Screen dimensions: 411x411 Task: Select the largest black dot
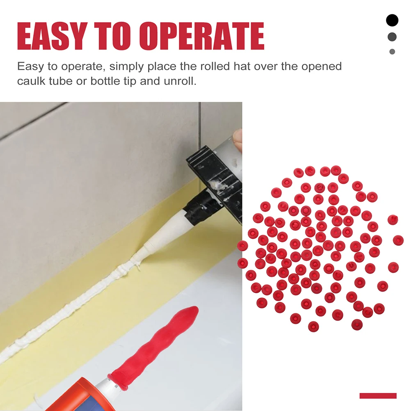pyautogui.click(x=392, y=20)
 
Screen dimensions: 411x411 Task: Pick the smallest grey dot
pyautogui.click(x=392, y=52)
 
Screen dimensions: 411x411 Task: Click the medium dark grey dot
pyautogui.click(x=392, y=37)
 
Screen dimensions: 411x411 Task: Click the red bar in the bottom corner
pyautogui.click(x=378, y=396)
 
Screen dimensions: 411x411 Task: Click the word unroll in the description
pyautogui.click(x=180, y=81)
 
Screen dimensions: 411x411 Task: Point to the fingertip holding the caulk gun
pyautogui.click(x=237, y=137)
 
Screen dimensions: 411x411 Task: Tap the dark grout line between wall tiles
pyautogui.click(x=200, y=123)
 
